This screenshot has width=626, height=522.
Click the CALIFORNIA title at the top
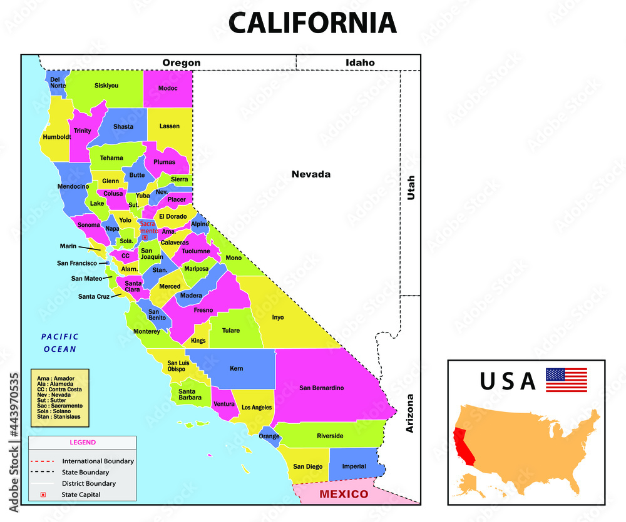(312, 23)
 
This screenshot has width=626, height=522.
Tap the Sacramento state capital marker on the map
(145, 237)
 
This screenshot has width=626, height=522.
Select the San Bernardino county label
(321, 388)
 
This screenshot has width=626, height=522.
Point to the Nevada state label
(310, 174)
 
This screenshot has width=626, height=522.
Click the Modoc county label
(168, 88)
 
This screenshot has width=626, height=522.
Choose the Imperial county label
(354, 466)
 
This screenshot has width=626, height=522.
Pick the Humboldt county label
(57, 137)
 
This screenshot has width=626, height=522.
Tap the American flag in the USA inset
(567, 380)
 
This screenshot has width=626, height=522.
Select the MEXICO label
(344, 494)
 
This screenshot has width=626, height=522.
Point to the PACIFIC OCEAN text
(60, 343)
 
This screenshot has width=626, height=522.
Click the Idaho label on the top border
(360, 63)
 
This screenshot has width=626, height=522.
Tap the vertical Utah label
(411, 187)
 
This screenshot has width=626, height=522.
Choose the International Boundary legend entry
(98, 461)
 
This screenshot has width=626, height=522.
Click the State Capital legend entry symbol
(43, 494)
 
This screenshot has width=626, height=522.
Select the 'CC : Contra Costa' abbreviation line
(59, 389)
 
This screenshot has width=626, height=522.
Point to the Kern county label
(237, 368)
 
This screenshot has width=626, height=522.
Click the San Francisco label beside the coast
(76, 263)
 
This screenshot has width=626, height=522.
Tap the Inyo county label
(278, 317)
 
